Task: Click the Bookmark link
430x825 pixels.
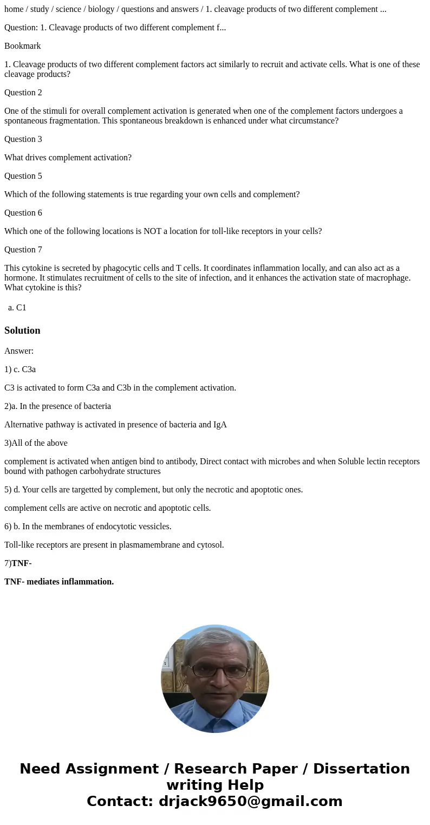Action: [23, 46]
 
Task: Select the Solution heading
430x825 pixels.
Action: [22, 330]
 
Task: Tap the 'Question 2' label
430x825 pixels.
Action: [23, 93]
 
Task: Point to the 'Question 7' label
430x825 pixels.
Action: [23, 250]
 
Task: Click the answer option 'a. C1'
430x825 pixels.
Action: [17, 308]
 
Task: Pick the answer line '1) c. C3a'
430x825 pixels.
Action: [20, 369]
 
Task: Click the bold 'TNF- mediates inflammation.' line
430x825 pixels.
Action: [59, 582]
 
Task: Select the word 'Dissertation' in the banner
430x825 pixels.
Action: [361, 769]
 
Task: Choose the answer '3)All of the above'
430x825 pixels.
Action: [36, 443]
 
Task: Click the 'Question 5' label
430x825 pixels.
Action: [23, 176]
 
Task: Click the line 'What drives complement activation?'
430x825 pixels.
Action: [68, 158]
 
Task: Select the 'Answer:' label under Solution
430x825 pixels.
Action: [19, 351]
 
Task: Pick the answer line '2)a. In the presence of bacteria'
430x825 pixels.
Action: [57, 406]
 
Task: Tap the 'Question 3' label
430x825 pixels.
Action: [23, 139]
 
